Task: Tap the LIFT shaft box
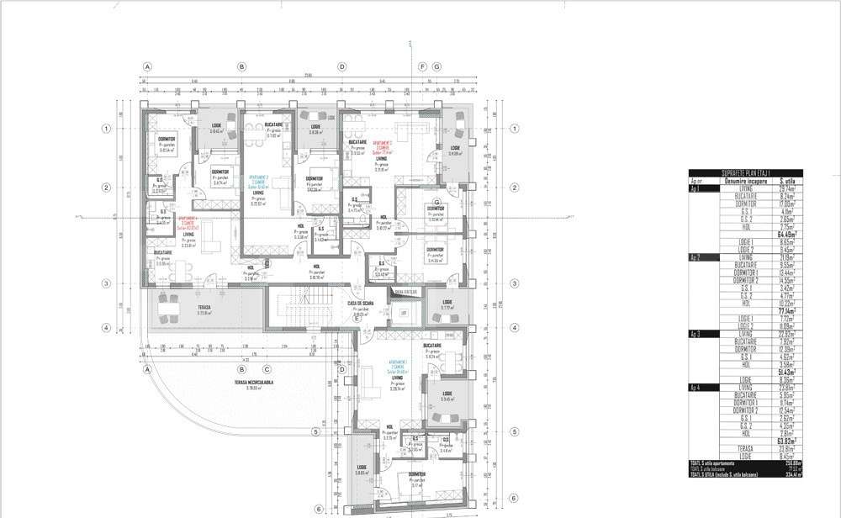(404, 313)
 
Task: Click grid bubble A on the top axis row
(147, 66)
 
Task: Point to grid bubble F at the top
(423, 66)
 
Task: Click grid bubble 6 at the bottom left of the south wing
(319, 509)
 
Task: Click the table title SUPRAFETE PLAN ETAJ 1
(746, 173)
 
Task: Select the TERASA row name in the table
(743, 448)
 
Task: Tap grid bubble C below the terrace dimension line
(267, 368)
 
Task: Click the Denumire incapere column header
(741, 181)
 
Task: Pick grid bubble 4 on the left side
(107, 328)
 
